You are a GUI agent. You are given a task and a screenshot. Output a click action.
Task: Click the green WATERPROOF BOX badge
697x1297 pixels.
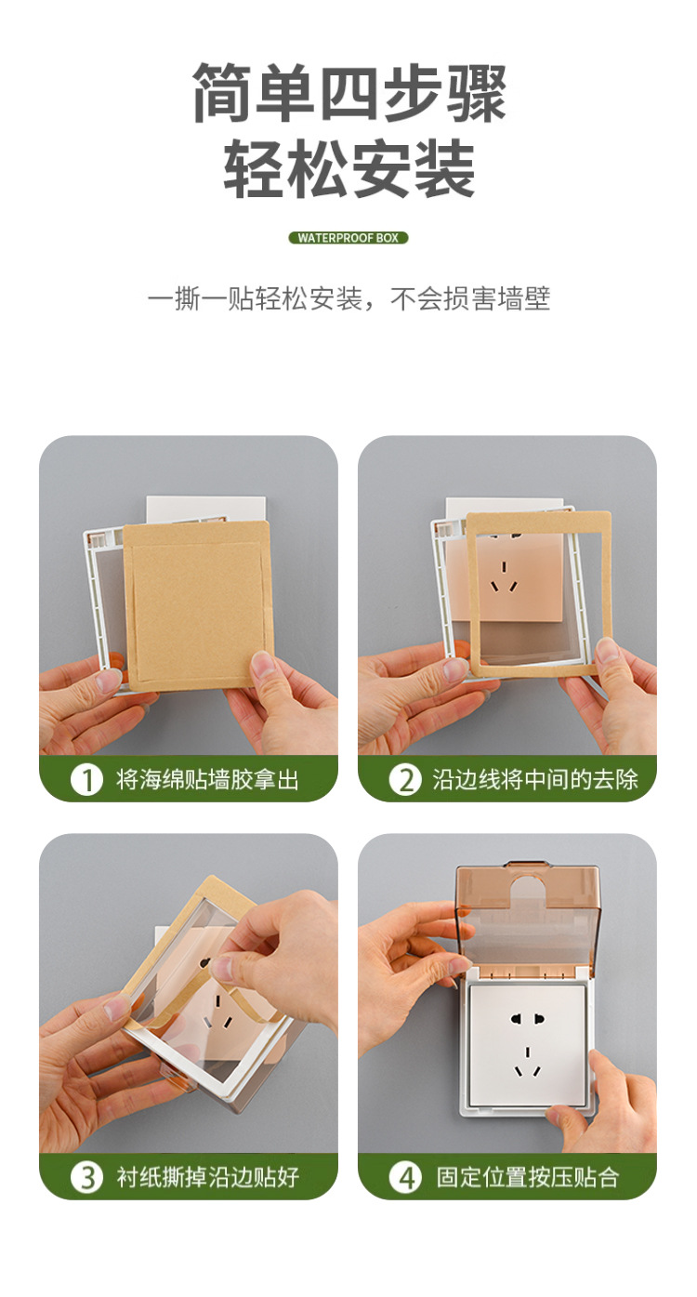click(348, 238)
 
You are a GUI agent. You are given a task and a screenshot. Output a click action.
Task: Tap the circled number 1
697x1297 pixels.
click(86, 779)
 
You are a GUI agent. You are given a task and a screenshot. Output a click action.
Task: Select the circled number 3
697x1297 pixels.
click(86, 1177)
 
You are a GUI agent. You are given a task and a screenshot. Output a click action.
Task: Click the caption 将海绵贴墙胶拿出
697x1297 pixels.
click(207, 779)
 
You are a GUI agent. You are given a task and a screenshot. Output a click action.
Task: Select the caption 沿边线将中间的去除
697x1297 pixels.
click(535, 779)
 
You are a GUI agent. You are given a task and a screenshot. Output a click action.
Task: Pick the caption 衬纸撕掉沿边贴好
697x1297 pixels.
click(207, 1177)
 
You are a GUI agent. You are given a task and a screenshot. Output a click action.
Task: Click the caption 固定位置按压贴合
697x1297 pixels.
click(527, 1177)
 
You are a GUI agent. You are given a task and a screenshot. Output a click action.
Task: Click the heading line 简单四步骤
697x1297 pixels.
click(348, 93)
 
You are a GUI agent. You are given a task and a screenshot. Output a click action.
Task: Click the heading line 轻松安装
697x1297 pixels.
click(348, 170)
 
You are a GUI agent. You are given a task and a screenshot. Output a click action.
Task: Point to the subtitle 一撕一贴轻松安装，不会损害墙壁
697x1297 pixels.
click(348, 299)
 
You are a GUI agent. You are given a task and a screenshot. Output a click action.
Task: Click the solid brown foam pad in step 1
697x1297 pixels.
click(198, 604)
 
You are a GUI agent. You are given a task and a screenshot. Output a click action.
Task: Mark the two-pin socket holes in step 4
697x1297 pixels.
click(527, 1019)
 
